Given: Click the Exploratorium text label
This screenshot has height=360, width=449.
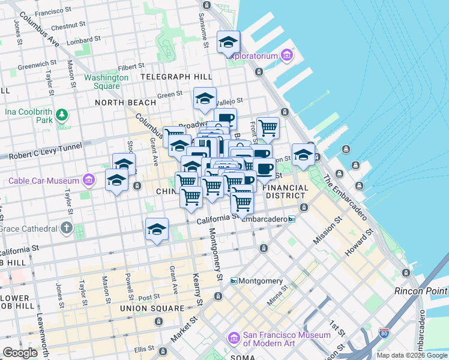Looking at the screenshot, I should [x=252, y=56].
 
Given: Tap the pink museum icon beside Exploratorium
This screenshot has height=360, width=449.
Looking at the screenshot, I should [x=286, y=56].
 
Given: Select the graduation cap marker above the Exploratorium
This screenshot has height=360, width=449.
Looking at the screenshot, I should [x=228, y=42].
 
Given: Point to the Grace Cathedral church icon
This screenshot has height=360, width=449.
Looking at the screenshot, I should [x=66, y=229].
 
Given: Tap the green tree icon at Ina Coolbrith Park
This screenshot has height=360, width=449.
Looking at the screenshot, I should [x=61, y=114].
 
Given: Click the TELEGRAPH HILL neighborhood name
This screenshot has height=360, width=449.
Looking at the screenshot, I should [x=176, y=77].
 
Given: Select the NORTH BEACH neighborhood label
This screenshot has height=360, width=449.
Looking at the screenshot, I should [x=125, y=103].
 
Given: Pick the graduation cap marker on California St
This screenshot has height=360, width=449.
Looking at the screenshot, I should [x=157, y=229].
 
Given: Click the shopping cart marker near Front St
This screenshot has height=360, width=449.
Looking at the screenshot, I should [x=268, y=127].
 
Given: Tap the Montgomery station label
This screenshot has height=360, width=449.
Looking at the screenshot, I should [x=261, y=281].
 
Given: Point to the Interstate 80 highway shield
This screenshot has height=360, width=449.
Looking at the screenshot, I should [x=385, y=332].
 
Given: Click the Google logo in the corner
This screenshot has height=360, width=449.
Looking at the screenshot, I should [x=20, y=353].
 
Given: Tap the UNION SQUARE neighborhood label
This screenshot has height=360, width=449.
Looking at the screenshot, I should [x=152, y=308].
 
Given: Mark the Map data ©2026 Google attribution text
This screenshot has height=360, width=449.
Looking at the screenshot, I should [x=412, y=355].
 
